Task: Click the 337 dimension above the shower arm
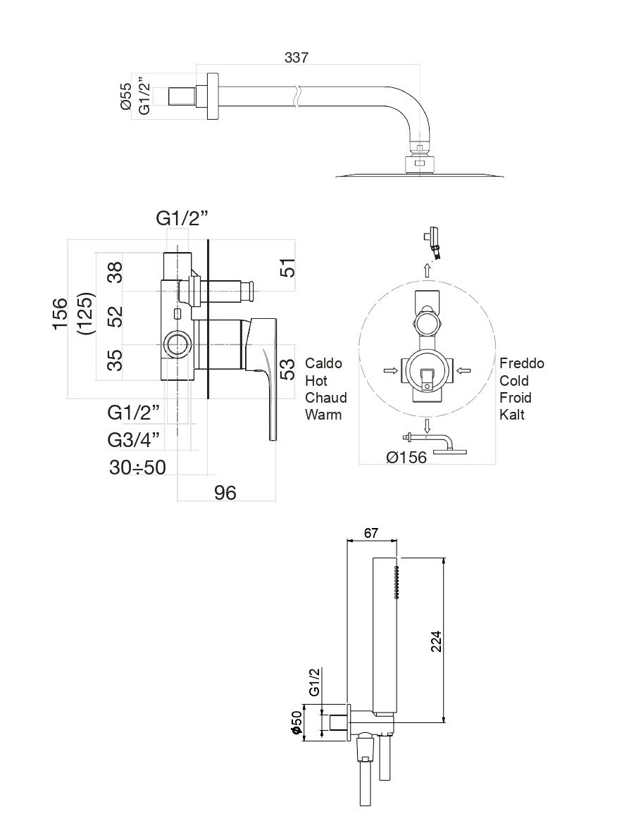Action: [x=296, y=58]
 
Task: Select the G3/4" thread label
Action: [x=134, y=440]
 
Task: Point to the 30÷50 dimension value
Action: [x=137, y=467]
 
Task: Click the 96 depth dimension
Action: [x=225, y=493]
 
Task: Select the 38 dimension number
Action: [x=116, y=272]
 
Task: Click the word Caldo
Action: [x=323, y=363]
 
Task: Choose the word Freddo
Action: [x=522, y=363]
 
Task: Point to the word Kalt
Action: [x=512, y=415]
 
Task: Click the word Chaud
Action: [x=325, y=398]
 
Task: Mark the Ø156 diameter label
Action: [x=406, y=458]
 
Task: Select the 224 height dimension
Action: [x=436, y=640]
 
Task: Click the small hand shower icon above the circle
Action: [x=435, y=241]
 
